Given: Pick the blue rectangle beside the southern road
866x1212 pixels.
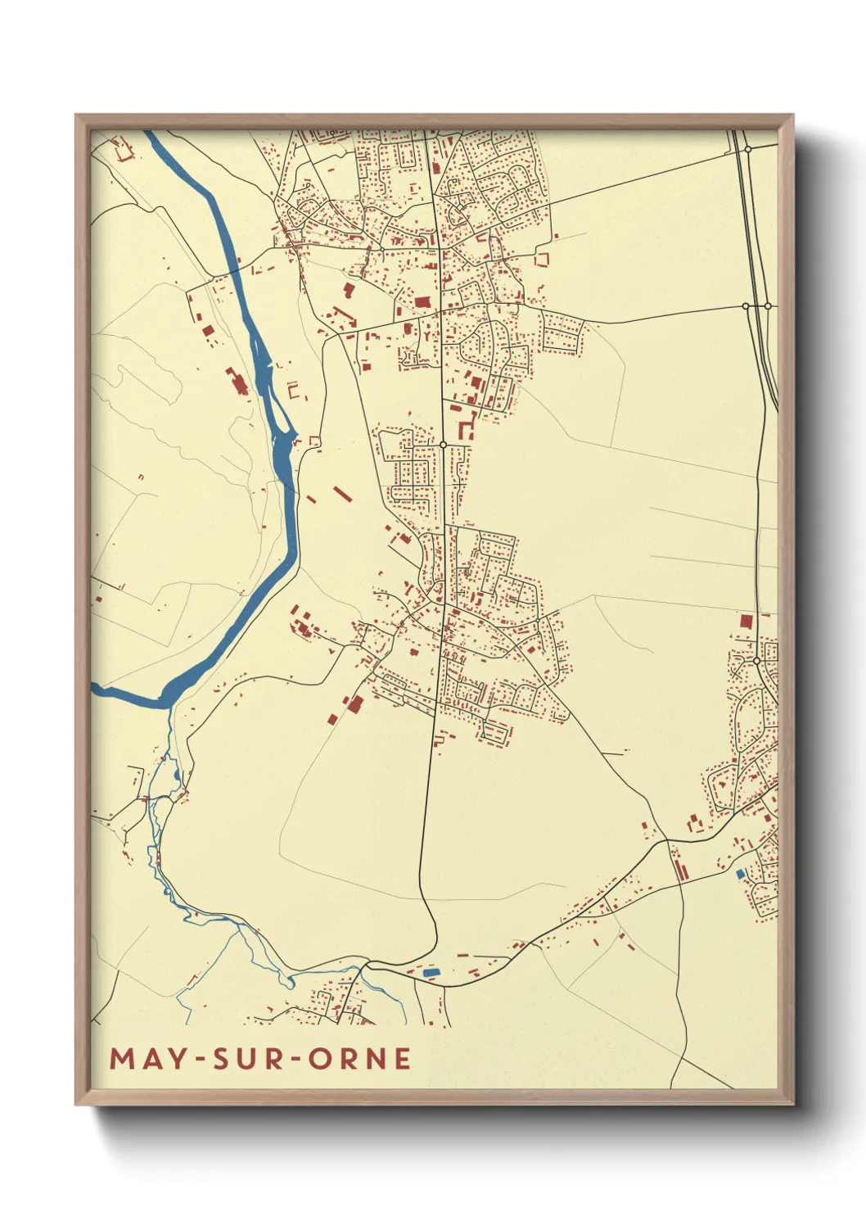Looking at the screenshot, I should pyautogui.click(x=431, y=972).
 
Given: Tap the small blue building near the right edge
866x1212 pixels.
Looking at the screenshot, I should pyautogui.click(x=741, y=875).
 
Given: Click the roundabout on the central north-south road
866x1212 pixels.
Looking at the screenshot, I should pyautogui.click(x=443, y=445).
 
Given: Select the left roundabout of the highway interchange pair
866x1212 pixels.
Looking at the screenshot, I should pyautogui.click(x=746, y=306).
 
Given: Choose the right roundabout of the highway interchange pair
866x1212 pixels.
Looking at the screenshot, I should pyautogui.click(x=768, y=306).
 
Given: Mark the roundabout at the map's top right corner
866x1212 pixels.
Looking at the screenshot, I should pyautogui.click(x=747, y=149).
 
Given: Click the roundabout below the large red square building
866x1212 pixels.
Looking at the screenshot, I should pyautogui.click(x=757, y=660).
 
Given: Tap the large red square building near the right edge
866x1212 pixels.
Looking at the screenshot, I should pyautogui.click(x=746, y=621).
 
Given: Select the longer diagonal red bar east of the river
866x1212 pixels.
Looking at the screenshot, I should pyautogui.click(x=341, y=493).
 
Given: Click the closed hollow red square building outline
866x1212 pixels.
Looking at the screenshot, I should pyautogui.click(x=541, y=260).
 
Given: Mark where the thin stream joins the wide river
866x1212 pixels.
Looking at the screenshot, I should pyautogui.click(x=169, y=706).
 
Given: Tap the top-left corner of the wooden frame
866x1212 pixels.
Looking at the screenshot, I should pyautogui.click(x=76, y=115).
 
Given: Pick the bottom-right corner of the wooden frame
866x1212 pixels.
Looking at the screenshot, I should pyautogui.click(x=792, y=1104).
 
